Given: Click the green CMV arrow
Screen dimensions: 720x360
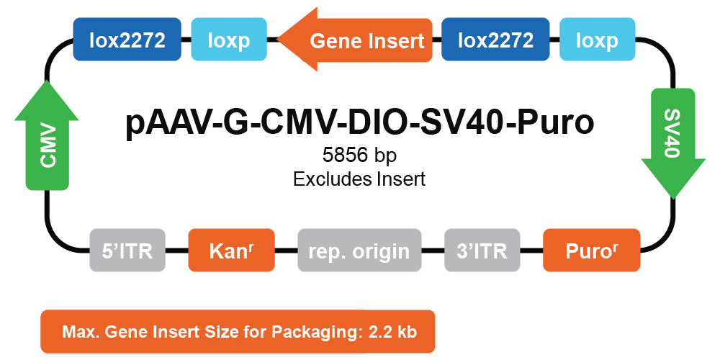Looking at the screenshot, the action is (x=47, y=135).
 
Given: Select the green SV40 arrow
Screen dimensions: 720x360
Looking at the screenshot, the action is (x=672, y=143).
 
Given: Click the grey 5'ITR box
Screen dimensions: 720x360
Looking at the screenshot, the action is (x=127, y=251).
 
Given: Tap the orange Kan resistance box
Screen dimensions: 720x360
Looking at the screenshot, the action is (x=231, y=251).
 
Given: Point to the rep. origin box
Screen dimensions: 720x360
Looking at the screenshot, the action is (x=359, y=251).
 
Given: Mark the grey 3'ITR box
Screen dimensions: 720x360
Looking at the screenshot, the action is (x=482, y=251).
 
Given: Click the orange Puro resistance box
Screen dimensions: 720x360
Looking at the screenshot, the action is (x=591, y=251).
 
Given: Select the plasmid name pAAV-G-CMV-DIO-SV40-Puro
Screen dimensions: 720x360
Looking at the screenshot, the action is (x=359, y=123).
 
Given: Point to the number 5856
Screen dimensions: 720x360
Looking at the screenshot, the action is (x=346, y=156).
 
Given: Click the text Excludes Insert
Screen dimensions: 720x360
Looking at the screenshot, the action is (x=359, y=179).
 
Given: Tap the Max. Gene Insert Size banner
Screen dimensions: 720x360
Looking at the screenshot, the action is (x=238, y=331).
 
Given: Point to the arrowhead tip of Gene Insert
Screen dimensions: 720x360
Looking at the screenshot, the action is (x=278, y=40).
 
